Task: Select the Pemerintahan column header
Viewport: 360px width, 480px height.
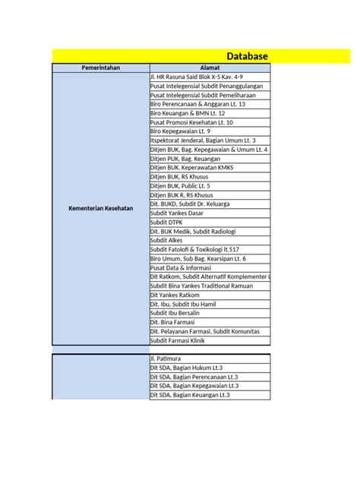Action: coord(100,68)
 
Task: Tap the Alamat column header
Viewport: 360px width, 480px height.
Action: coord(210,68)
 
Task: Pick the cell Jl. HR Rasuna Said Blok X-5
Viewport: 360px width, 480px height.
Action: coord(197,77)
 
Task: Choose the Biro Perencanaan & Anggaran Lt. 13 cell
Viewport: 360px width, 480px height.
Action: coord(197,104)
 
